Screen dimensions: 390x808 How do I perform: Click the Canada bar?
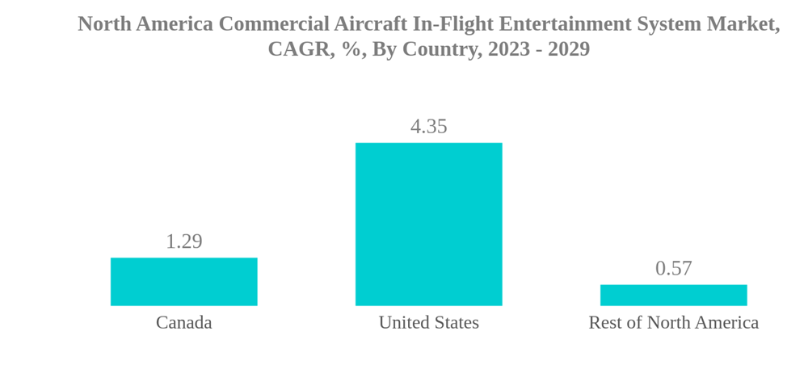(184, 282)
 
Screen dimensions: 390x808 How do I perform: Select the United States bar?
(428, 224)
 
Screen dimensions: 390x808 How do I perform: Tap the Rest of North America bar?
(673, 295)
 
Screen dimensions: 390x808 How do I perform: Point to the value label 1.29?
(184, 241)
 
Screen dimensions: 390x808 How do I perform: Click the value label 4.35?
(428, 127)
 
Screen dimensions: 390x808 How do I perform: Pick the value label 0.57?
(673, 268)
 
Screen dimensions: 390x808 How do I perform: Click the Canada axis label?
(184, 323)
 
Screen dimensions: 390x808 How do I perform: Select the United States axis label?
(428, 323)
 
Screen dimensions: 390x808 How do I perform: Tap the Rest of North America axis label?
(673, 323)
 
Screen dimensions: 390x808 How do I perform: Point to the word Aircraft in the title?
(365, 24)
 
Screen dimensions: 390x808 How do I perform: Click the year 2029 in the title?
(569, 49)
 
